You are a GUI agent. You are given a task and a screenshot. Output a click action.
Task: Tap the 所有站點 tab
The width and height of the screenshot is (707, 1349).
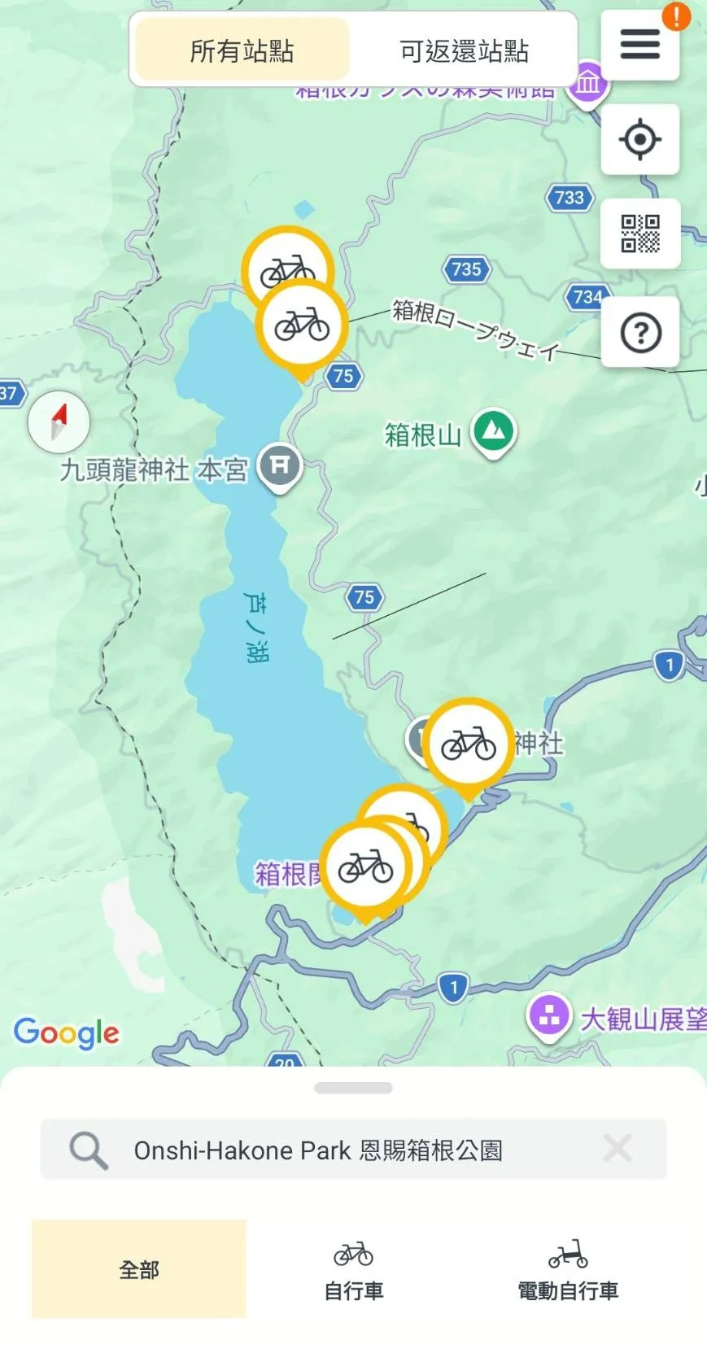click(242, 50)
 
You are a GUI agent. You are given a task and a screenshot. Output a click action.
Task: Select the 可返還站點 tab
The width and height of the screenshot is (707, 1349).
click(464, 50)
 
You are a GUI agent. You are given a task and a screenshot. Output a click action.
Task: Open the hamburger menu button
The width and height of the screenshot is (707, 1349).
click(639, 45)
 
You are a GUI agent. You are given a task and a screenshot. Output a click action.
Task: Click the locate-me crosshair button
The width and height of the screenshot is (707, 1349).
click(639, 140)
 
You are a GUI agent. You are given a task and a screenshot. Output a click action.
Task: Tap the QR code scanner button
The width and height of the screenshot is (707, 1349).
click(640, 234)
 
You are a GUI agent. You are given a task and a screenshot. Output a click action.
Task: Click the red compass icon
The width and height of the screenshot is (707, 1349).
click(59, 421)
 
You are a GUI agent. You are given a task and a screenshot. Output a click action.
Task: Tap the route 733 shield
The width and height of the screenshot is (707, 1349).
click(569, 197)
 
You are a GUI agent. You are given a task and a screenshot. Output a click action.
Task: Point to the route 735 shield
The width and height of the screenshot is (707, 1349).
click(466, 268)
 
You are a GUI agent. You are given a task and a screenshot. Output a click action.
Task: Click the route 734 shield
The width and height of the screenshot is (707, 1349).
click(587, 297)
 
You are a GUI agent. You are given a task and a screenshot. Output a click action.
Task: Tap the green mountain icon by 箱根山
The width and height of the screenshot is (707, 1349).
click(494, 431)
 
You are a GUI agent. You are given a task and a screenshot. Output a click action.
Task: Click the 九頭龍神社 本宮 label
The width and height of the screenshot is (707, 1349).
click(154, 469)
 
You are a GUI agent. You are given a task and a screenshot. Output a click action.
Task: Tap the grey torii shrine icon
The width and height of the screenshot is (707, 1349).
click(279, 466)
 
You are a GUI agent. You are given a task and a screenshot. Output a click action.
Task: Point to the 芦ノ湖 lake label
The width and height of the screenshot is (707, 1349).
click(255, 626)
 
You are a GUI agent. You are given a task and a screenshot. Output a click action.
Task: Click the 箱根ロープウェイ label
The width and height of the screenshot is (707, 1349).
click(476, 329)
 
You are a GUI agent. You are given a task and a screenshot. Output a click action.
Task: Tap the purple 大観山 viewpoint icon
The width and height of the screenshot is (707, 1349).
click(549, 1015)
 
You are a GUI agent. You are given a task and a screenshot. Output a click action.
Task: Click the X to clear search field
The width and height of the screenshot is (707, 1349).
click(618, 1149)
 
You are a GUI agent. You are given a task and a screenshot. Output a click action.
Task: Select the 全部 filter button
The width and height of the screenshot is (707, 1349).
click(139, 1268)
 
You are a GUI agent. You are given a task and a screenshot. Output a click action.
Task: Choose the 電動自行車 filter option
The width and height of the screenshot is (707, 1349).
click(568, 1269)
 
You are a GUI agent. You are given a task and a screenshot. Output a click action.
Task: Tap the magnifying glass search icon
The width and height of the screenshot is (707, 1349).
click(88, 1150)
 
